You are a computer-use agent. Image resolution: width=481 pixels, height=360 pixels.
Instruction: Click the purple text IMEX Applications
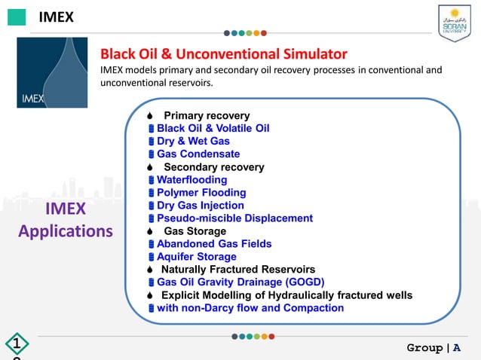(65, 220)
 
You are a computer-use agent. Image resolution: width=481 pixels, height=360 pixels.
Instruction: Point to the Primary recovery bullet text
(206, 116)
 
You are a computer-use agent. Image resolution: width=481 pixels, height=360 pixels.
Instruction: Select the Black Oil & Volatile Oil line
(213, 129)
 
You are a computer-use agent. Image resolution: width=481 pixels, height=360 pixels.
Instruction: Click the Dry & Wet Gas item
(193, 142)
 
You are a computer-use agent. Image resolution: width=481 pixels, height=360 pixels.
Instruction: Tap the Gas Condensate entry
(198, 154)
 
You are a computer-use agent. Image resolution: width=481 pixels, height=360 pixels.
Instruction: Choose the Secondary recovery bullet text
(213, 167)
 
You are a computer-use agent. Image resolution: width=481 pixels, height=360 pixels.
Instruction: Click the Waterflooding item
(191, 180)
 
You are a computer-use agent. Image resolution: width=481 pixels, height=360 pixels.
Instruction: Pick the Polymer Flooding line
(201, 193)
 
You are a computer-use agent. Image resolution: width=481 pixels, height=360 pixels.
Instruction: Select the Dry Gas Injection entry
(201, 206)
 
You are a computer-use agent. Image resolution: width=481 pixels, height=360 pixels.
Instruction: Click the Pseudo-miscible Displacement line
(234, 218)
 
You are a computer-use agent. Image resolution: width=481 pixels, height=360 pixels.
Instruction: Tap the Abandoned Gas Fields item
(214, 244)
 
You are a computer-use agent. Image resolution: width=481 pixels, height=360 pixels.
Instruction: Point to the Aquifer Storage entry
(196, 257)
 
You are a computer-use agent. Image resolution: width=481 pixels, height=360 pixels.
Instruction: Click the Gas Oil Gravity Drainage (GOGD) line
(240, 282)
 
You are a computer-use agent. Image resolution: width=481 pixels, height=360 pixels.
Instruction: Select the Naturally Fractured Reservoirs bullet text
(237, 270)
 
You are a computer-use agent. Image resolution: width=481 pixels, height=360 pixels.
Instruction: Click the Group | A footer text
(434, 347)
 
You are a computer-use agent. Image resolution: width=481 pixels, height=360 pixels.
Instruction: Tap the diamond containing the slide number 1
(16, 346)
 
